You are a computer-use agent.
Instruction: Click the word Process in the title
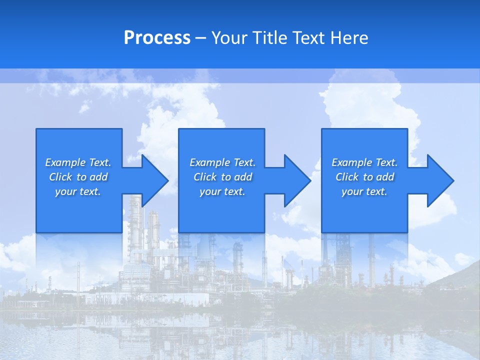coord(157,38)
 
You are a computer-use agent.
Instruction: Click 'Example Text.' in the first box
coord(78,162)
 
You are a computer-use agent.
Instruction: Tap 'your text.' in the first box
coord(78,191)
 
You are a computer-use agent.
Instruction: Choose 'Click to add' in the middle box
coord(222,177)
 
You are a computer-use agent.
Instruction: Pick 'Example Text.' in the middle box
coord(222,162)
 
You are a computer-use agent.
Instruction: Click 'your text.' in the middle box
coord(222,191)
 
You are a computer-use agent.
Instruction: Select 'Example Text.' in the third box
coord(364,162)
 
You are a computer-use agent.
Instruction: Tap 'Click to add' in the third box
coord(364,177)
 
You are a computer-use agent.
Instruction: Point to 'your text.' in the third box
coord(364,191)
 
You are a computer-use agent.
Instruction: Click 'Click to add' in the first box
coord(78,177)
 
